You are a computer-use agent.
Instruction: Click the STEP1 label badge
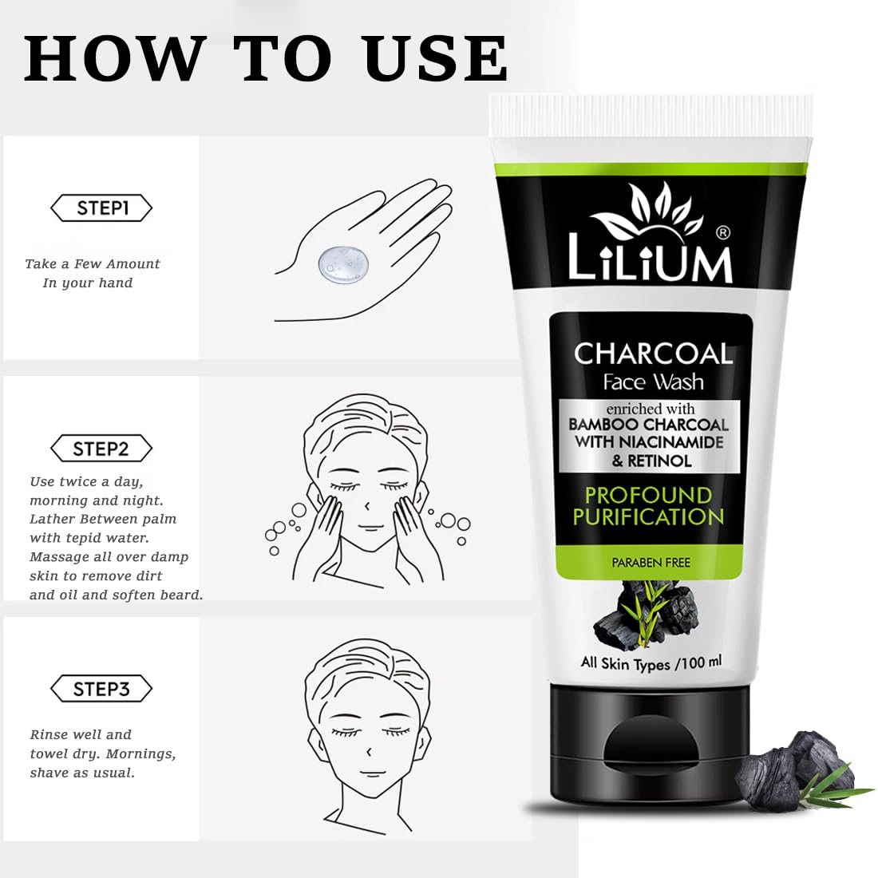click(101, 208)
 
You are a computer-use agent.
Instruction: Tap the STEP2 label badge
click(101, 449)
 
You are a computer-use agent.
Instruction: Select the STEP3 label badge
click(101, 689)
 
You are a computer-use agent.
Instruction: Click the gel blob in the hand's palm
click(343, 263)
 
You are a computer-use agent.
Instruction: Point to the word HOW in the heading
click(112, 58)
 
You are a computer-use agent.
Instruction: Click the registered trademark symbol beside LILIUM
click(723, 231)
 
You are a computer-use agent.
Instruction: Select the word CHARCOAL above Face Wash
click(653, 354)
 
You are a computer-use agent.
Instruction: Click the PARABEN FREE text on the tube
click(651, 562)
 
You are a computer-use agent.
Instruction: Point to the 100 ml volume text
click(702, 662)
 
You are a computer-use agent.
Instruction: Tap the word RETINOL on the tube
click(659, 461)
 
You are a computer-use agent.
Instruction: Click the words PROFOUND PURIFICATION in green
click(648, 506)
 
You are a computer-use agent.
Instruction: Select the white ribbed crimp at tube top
click(651, 116)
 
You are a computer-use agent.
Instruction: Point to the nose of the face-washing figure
click(367, 506)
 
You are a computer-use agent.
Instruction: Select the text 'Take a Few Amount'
click(93, 263)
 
